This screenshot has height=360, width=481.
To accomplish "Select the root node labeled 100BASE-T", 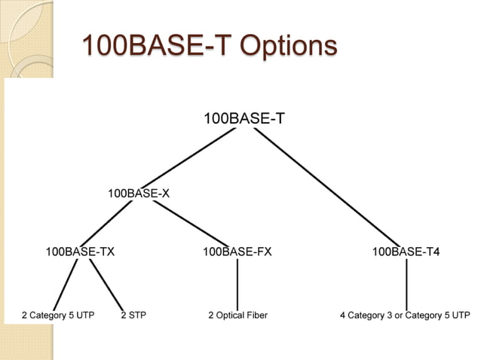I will pos(244,118).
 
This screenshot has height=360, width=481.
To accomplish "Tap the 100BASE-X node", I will pos(138,194).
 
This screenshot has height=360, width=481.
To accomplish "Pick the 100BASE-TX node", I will pos(80,252).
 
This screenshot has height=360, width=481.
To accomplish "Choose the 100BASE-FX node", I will pos(237,252).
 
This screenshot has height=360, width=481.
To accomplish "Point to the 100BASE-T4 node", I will pos(406,252).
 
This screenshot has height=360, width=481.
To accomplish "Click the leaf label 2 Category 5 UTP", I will pos(58,315).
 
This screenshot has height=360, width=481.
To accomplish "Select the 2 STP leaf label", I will pos(133,315).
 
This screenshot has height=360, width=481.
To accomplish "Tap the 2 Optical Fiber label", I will pos(237,315).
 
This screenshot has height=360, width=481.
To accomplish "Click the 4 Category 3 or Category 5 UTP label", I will pos(405,315).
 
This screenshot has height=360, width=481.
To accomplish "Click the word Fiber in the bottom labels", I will pos(256,315).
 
